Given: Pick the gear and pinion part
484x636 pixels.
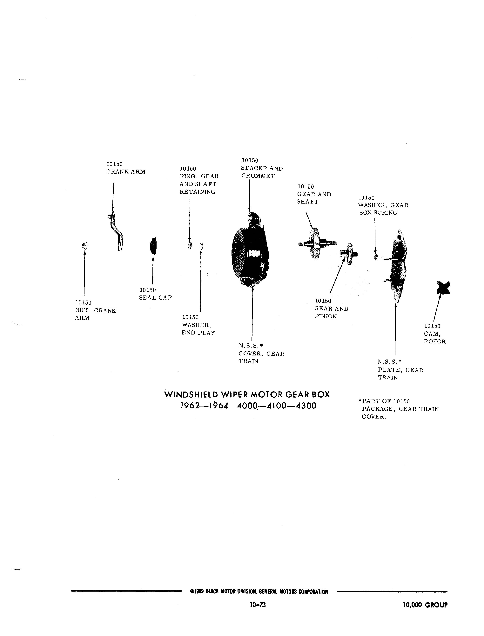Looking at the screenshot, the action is click(349, 254).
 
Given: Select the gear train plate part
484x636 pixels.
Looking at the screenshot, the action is click(397, 266).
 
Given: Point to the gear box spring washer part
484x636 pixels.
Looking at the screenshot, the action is click(376, 257).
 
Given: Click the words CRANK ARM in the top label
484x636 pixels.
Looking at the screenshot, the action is click(126, 172).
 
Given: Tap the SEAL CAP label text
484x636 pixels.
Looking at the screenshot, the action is click(156, 298).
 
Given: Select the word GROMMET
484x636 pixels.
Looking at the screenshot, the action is click(258, 176).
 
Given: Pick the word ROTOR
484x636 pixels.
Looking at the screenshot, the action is click(435, 342).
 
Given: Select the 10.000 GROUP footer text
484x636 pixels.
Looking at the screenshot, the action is click(426, 605).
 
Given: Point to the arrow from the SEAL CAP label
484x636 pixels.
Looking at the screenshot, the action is click(153, 270).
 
